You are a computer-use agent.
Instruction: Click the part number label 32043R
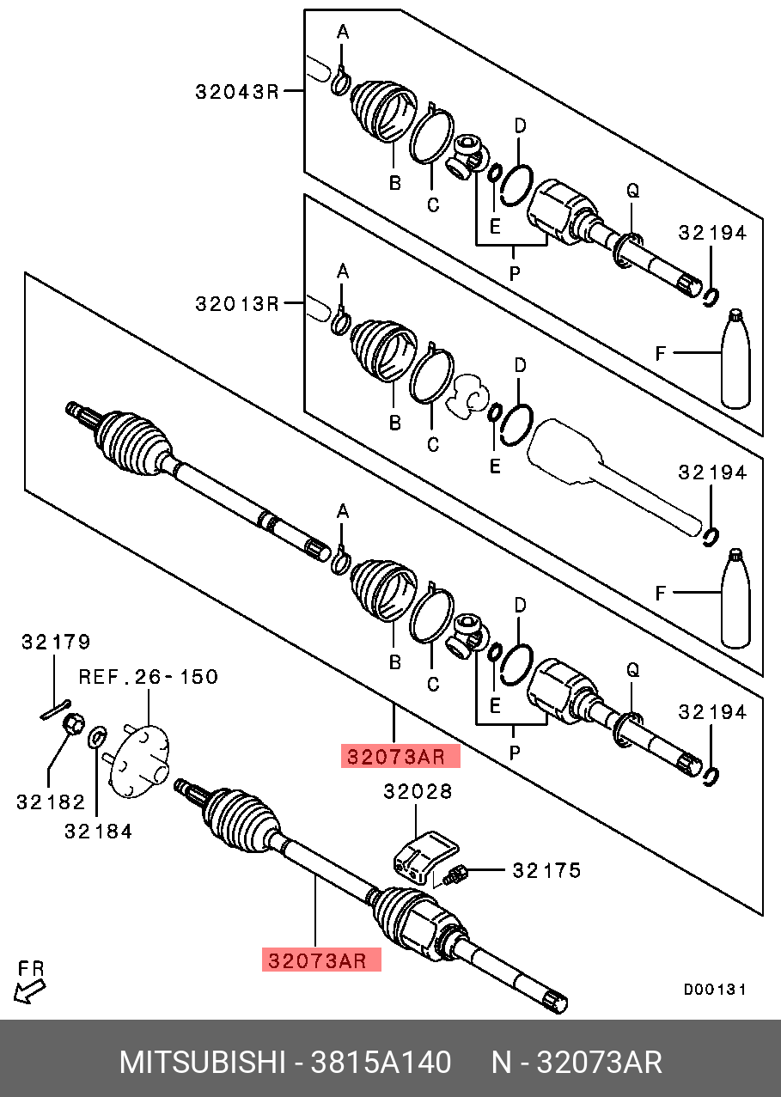[237, 91]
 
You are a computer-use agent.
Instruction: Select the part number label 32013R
[237, 304]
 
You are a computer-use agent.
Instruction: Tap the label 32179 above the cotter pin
[56, 642]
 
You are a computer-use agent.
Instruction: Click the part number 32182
[51, 802]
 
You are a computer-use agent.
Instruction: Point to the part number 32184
[98, 831]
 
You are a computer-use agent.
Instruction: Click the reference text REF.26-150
[148, 677]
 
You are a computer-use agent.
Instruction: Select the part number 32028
[418, 791]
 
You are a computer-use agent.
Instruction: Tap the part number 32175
[546, 871]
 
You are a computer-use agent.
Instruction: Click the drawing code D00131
[714, 990]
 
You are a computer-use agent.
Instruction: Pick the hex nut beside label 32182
[75, 727]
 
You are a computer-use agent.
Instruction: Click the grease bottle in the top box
[735, 358]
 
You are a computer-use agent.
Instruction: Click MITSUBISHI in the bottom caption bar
[202, 1063]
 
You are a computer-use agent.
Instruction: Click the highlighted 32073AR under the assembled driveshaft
[321, 960]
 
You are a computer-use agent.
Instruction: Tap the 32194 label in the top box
[712, 233]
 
